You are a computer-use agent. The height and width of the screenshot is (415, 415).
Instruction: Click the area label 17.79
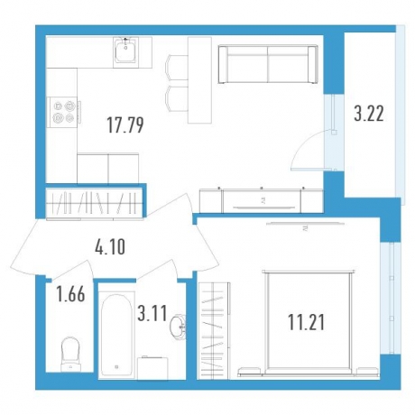[x=125, y=125]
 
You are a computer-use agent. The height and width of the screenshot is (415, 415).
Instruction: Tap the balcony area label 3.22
[x=369, y=115]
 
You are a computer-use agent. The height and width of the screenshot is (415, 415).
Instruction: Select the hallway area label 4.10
[x=110, y=247]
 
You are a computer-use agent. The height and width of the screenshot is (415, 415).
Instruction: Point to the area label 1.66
[x=71, y=294]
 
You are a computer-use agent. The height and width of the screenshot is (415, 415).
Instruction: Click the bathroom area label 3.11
[x=152, y=313]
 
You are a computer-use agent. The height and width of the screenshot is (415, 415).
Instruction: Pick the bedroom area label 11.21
[x=307, y=322]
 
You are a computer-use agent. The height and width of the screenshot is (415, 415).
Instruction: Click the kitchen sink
[x=125, y=52]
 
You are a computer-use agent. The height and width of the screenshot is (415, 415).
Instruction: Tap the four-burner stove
[x=63, y=112]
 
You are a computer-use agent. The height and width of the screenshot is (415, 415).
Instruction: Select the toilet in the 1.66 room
[x=70, y=355]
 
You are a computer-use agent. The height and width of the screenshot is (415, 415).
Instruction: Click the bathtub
[x=117, y=335]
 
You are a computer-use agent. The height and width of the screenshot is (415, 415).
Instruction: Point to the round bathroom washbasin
[x=178, y=327]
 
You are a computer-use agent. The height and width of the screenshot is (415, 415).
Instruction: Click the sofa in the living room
[x=268, y=64]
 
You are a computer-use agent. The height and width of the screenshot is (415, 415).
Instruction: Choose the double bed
[x=309, y=323]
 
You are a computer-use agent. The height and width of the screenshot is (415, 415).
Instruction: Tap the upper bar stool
[x=177, y=68]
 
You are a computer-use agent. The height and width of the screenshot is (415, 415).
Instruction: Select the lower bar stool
[x=177, y=98]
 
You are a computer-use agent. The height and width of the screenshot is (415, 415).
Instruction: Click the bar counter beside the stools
[x=199, y=80]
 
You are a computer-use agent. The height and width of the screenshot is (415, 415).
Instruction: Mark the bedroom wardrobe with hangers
[x=214, y=331]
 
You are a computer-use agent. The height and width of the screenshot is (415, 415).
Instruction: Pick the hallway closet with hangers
[x=95, y=202]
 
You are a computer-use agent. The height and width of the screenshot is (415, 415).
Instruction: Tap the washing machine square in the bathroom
[x=152, y=368]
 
